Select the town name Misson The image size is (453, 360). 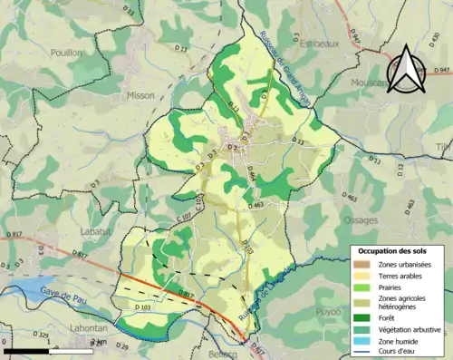140,94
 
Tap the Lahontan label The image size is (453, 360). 87,328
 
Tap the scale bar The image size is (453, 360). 53,350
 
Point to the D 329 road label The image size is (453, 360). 42,336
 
